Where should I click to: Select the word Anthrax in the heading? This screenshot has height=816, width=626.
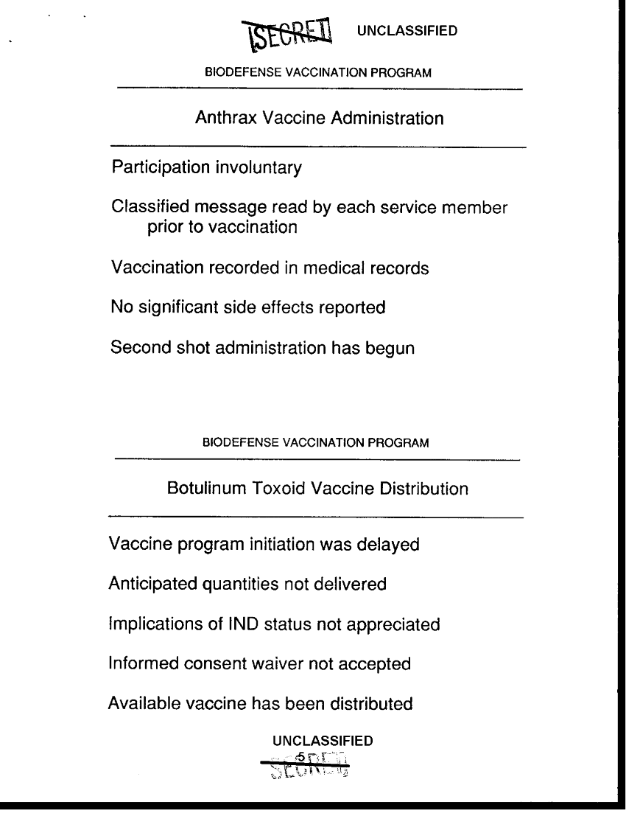223,118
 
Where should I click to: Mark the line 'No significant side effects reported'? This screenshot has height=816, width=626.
248,307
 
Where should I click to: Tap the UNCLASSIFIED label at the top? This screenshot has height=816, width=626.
407,30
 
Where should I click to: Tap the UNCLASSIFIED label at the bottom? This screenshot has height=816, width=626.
322,740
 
